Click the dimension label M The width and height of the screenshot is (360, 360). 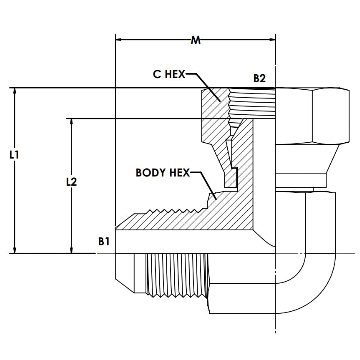point(196,40)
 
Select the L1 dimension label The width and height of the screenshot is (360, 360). point(14,155)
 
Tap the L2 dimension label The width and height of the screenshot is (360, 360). point(71,182)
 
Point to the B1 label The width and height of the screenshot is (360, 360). point(104,241)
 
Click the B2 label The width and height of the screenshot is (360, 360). point(259,79)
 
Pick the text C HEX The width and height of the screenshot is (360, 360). point(169,74)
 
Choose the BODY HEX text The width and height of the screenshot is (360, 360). point(162,173)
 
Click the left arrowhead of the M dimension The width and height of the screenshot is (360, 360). point(119,40)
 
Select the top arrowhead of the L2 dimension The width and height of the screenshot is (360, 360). point(71,122)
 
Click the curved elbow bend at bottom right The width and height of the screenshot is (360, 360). point(313,287)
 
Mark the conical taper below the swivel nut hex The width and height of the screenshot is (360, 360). point(307,158)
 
